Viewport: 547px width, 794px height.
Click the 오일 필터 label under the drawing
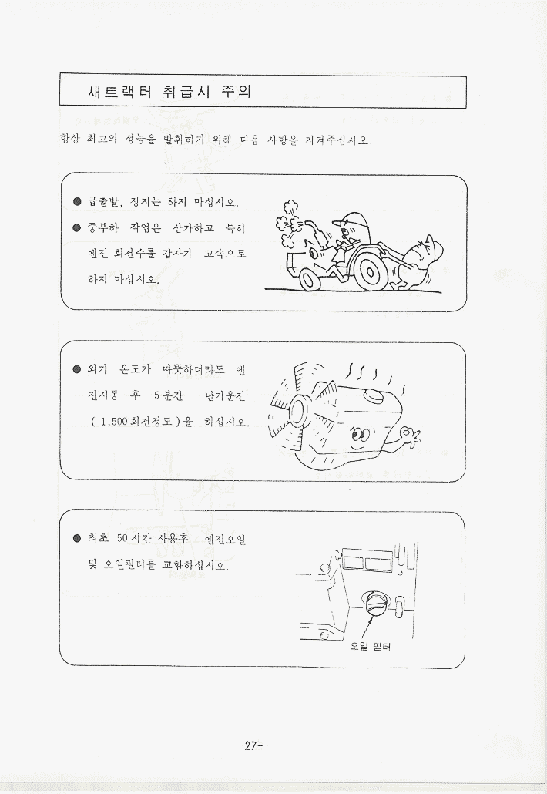[x=371, y=647]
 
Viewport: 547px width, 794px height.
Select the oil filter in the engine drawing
[x=375, y=603]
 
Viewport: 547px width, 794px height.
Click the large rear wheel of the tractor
[x=369, y=272]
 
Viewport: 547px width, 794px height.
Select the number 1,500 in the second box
[x=114, y=422]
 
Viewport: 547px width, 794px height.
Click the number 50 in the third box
[x=122, y=538]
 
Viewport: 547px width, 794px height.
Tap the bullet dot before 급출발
[x=77, y=201]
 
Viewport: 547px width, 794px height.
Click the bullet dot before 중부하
[x=77, y=227]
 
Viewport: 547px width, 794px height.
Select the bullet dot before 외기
[x=77, y=369]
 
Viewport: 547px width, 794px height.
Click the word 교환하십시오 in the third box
[x=195, y=564]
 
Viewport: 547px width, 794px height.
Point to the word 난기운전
[x=225, y=395]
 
